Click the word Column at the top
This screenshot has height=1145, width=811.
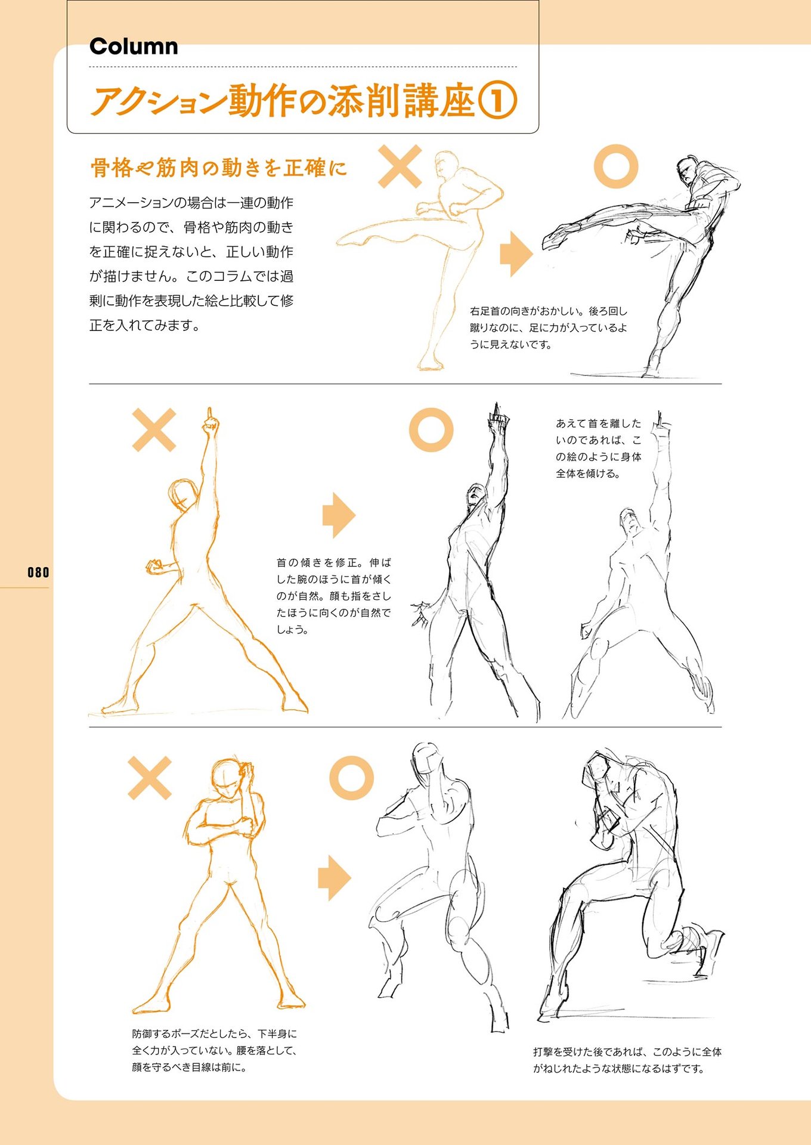[x=134, y=47]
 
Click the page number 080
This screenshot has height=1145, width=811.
[x=38, y=572]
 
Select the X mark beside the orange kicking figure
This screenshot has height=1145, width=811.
[x=400, y=166]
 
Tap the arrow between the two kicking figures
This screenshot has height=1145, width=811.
[x=516, y=254]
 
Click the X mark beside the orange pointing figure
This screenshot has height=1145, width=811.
[x=154, y=430]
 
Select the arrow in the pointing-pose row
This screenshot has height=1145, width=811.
[x=339, y=515]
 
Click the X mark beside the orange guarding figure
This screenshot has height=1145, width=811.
[x=150, y=778]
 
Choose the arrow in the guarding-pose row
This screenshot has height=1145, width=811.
[x=335, y=878]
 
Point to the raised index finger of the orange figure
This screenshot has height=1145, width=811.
[x=209, y=414]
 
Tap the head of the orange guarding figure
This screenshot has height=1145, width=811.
[x=227, y=777]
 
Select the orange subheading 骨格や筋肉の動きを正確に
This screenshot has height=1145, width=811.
[x=218, y=168]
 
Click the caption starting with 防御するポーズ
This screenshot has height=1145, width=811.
[x=215, y=1050]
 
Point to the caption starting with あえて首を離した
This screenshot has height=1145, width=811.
[x=599, y=448]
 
